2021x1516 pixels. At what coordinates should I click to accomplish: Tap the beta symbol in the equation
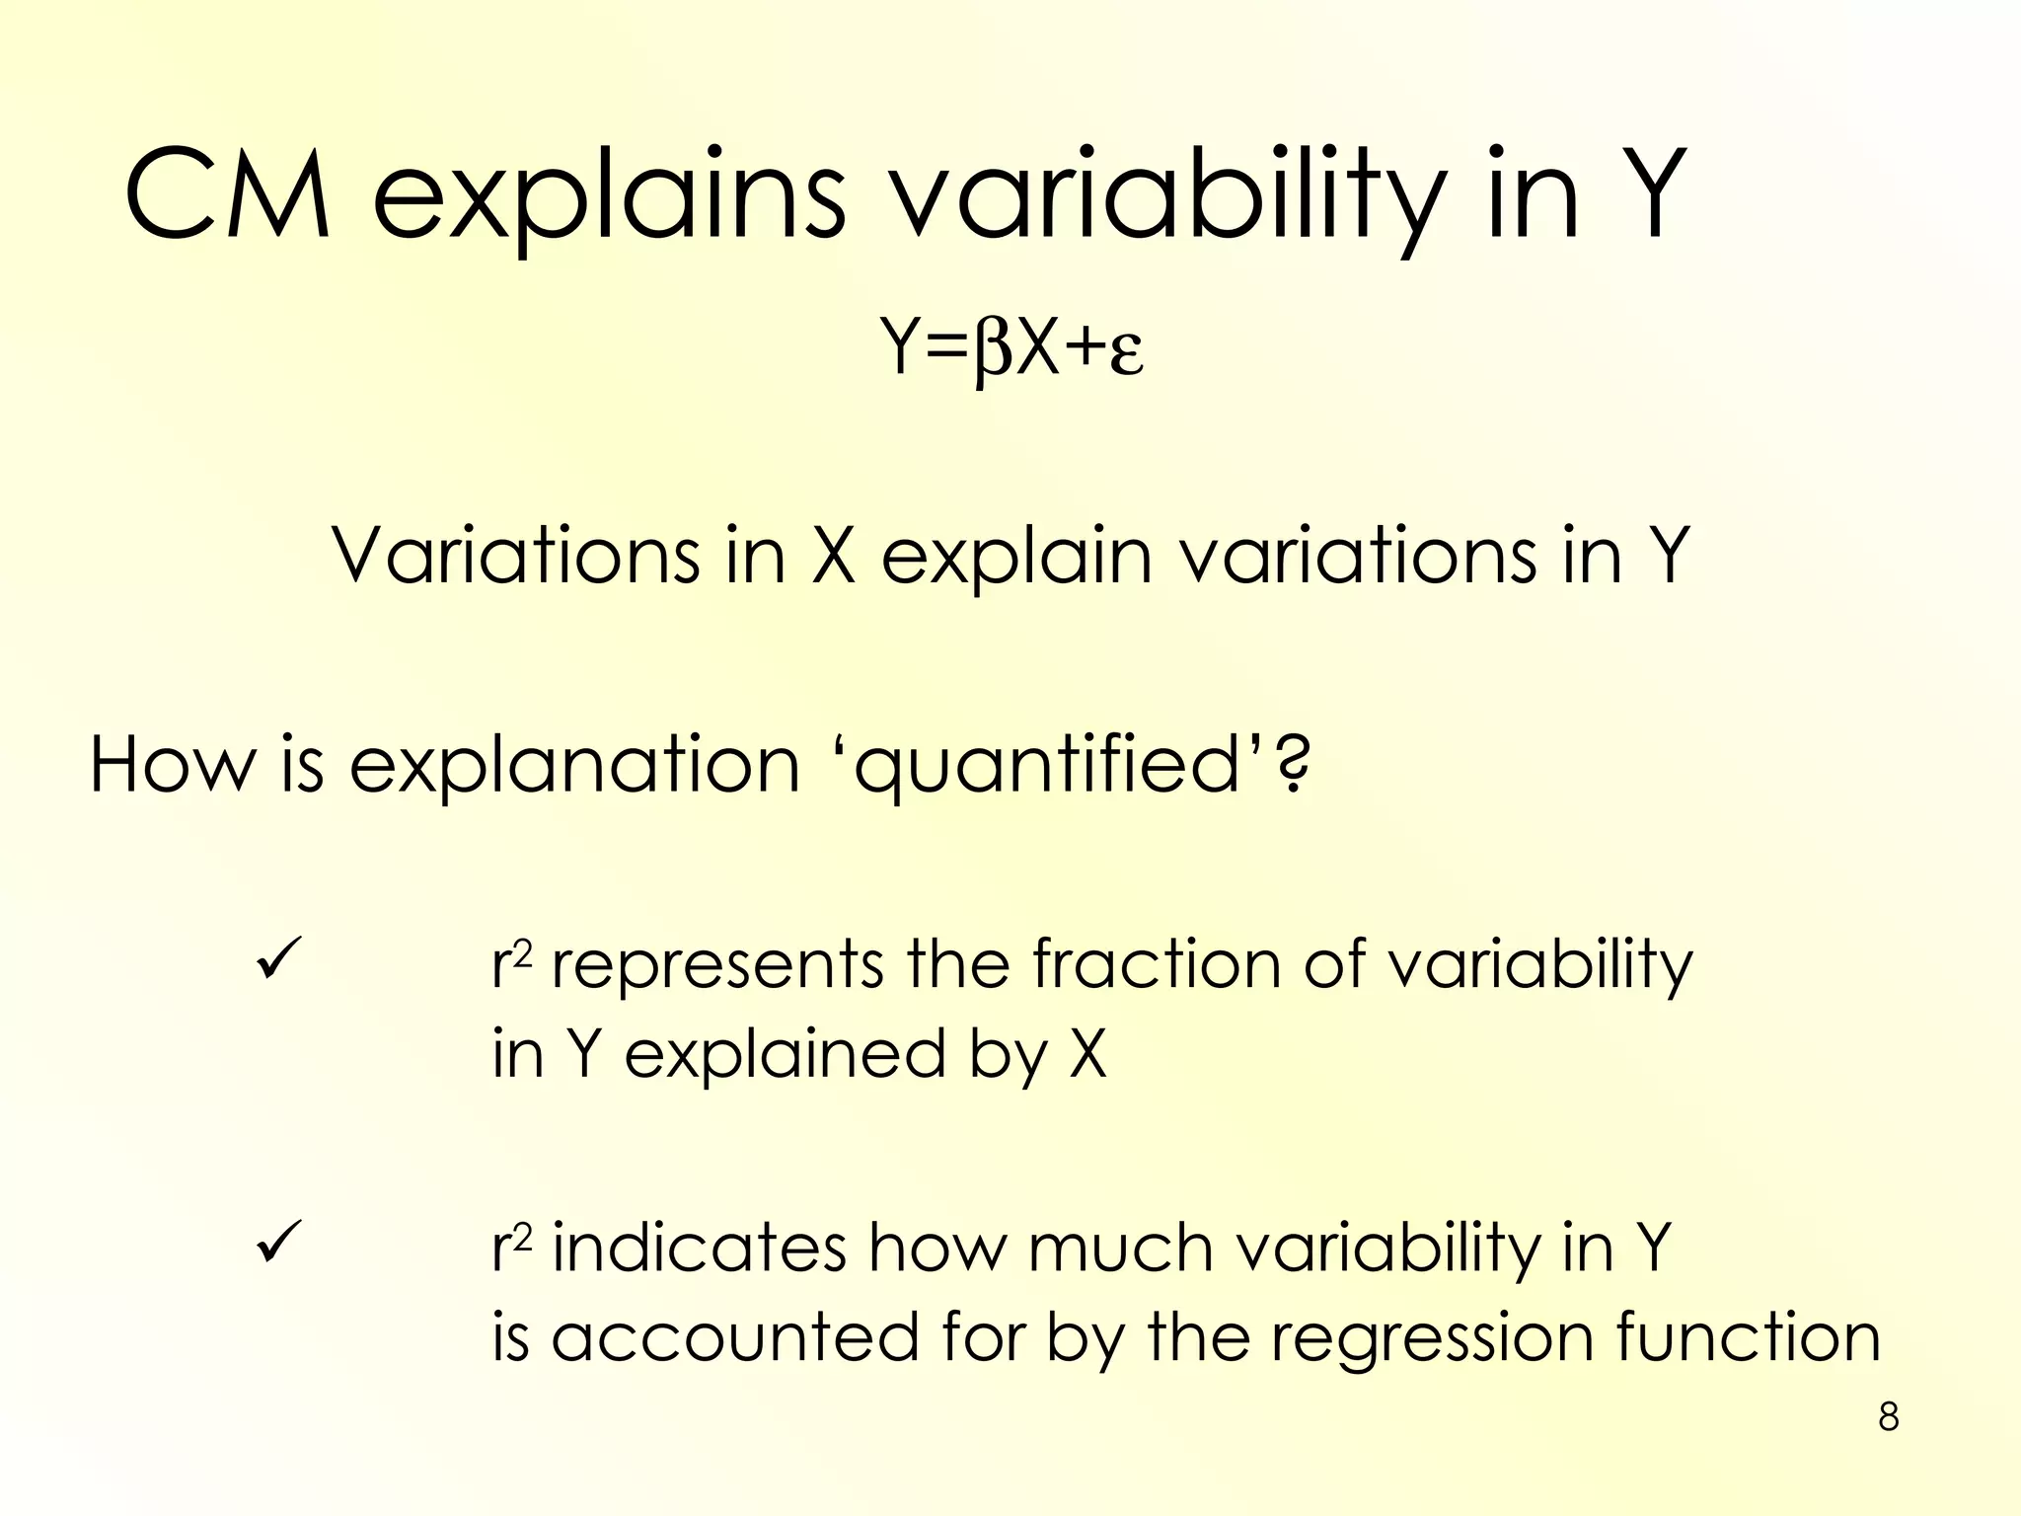pyautogui.click(x=992, y=351)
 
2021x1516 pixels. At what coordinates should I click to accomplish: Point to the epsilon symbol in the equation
pyautogui.click(x=1126, y=353)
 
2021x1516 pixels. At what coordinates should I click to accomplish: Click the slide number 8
pyautogui.click(x=1888, y=1417)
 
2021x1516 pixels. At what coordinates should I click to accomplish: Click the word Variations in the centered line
pyautogui.click(x=515, y=556)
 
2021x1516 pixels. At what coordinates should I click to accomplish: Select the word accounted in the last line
pyautogui.click(x=734, y=1338)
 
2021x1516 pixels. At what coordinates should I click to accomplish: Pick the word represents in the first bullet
pyautogui.click(x=716, y=965)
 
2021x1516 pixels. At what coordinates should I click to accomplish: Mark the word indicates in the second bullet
pyautogui.click(x=700, y=1248)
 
